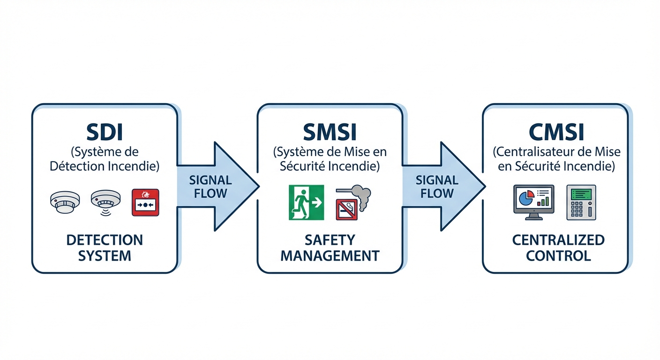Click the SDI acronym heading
(105, 132)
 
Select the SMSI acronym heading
(330, 132)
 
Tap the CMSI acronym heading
(556, 132)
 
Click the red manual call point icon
(146, 202)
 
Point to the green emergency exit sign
(306, 202)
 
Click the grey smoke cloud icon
(360, 193)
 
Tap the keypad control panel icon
(581, 202)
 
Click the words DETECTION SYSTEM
(105, 248)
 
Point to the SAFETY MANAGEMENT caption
(330, 248)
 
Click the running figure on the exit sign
(300, 202)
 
